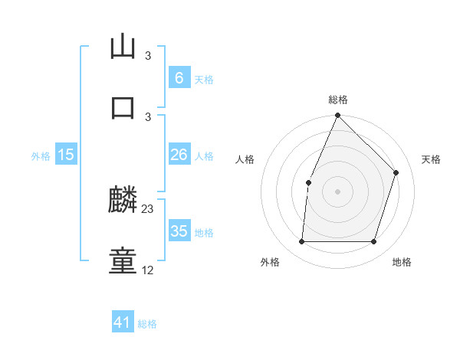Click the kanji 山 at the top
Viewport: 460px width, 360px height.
(123, 47)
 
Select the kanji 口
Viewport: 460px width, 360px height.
(123, 108)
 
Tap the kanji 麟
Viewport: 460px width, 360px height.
(123, 201)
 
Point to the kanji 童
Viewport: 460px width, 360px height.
(123, 261)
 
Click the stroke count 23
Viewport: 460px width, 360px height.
(148, 208)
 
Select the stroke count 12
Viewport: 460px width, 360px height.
(148, 270)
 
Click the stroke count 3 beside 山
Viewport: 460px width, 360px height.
(148, 56)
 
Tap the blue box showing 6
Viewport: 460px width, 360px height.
(179, 78)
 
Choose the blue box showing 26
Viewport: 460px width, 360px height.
(179, 155)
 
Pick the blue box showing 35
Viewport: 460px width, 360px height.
(179, 231)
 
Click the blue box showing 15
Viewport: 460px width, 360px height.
(66, 155)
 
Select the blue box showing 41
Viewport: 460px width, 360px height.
(123, 323)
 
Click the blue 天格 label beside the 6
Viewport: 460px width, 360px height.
(204, 80)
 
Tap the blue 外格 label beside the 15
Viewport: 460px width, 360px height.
(41, 156)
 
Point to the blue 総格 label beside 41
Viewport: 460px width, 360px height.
(147, 325)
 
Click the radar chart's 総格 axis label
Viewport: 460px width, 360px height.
(338, 100)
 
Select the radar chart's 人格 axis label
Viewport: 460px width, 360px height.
(245, 159)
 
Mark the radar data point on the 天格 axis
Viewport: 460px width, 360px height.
(396, 172)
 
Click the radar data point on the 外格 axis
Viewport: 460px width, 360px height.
(301, 242)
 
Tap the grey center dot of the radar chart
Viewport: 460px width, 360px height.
(338, 191)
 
